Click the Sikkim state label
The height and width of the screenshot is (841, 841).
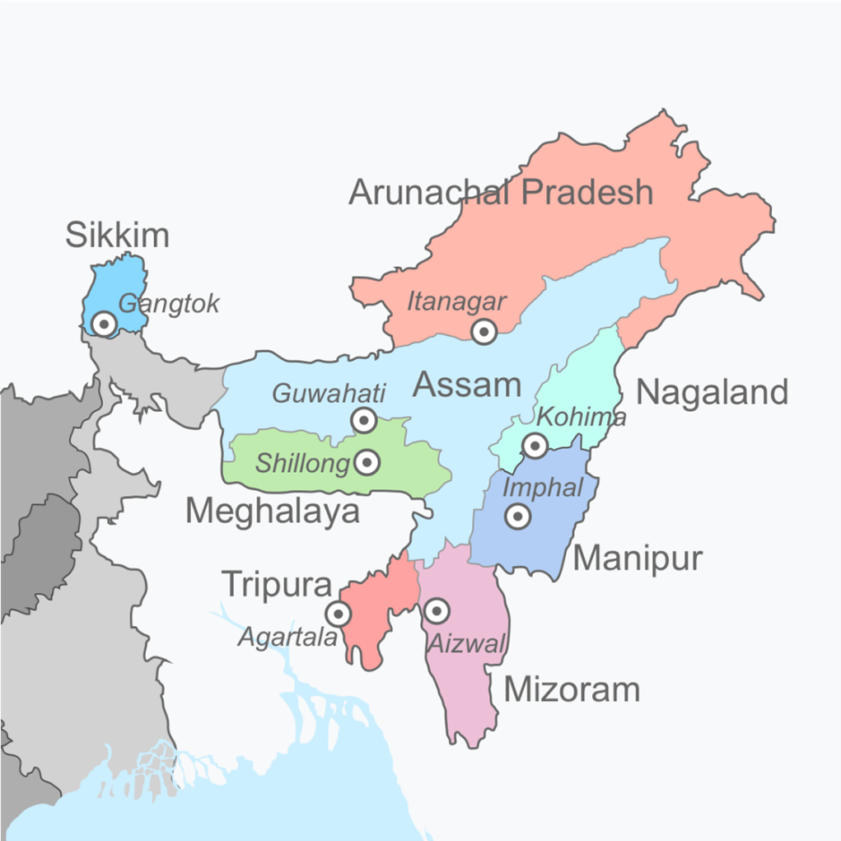[117, 236]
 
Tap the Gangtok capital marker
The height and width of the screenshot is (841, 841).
[104, 324]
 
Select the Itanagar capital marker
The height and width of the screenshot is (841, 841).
[484, 332]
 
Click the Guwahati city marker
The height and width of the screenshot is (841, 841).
[364, 421]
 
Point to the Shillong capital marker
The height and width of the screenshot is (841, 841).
[367, 463]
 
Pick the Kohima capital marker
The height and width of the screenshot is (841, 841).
[535, 446]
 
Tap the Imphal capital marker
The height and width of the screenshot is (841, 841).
[517, 516]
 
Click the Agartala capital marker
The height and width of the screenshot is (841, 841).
[338, 614]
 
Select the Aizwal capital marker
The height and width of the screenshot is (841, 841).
[437, 611]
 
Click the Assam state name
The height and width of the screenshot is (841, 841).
[467, 384]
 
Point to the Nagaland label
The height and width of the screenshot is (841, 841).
[713, 392]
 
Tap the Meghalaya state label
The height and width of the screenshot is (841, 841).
[273, 512]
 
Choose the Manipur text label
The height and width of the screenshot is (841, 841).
[638, 558]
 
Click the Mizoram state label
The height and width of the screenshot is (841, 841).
[572, 689]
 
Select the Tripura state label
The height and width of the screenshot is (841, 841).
[278, 585]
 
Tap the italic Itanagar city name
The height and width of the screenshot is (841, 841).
[456, 302]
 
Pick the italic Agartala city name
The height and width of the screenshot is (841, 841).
[288, 637]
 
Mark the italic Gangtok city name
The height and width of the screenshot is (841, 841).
[169, 304]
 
